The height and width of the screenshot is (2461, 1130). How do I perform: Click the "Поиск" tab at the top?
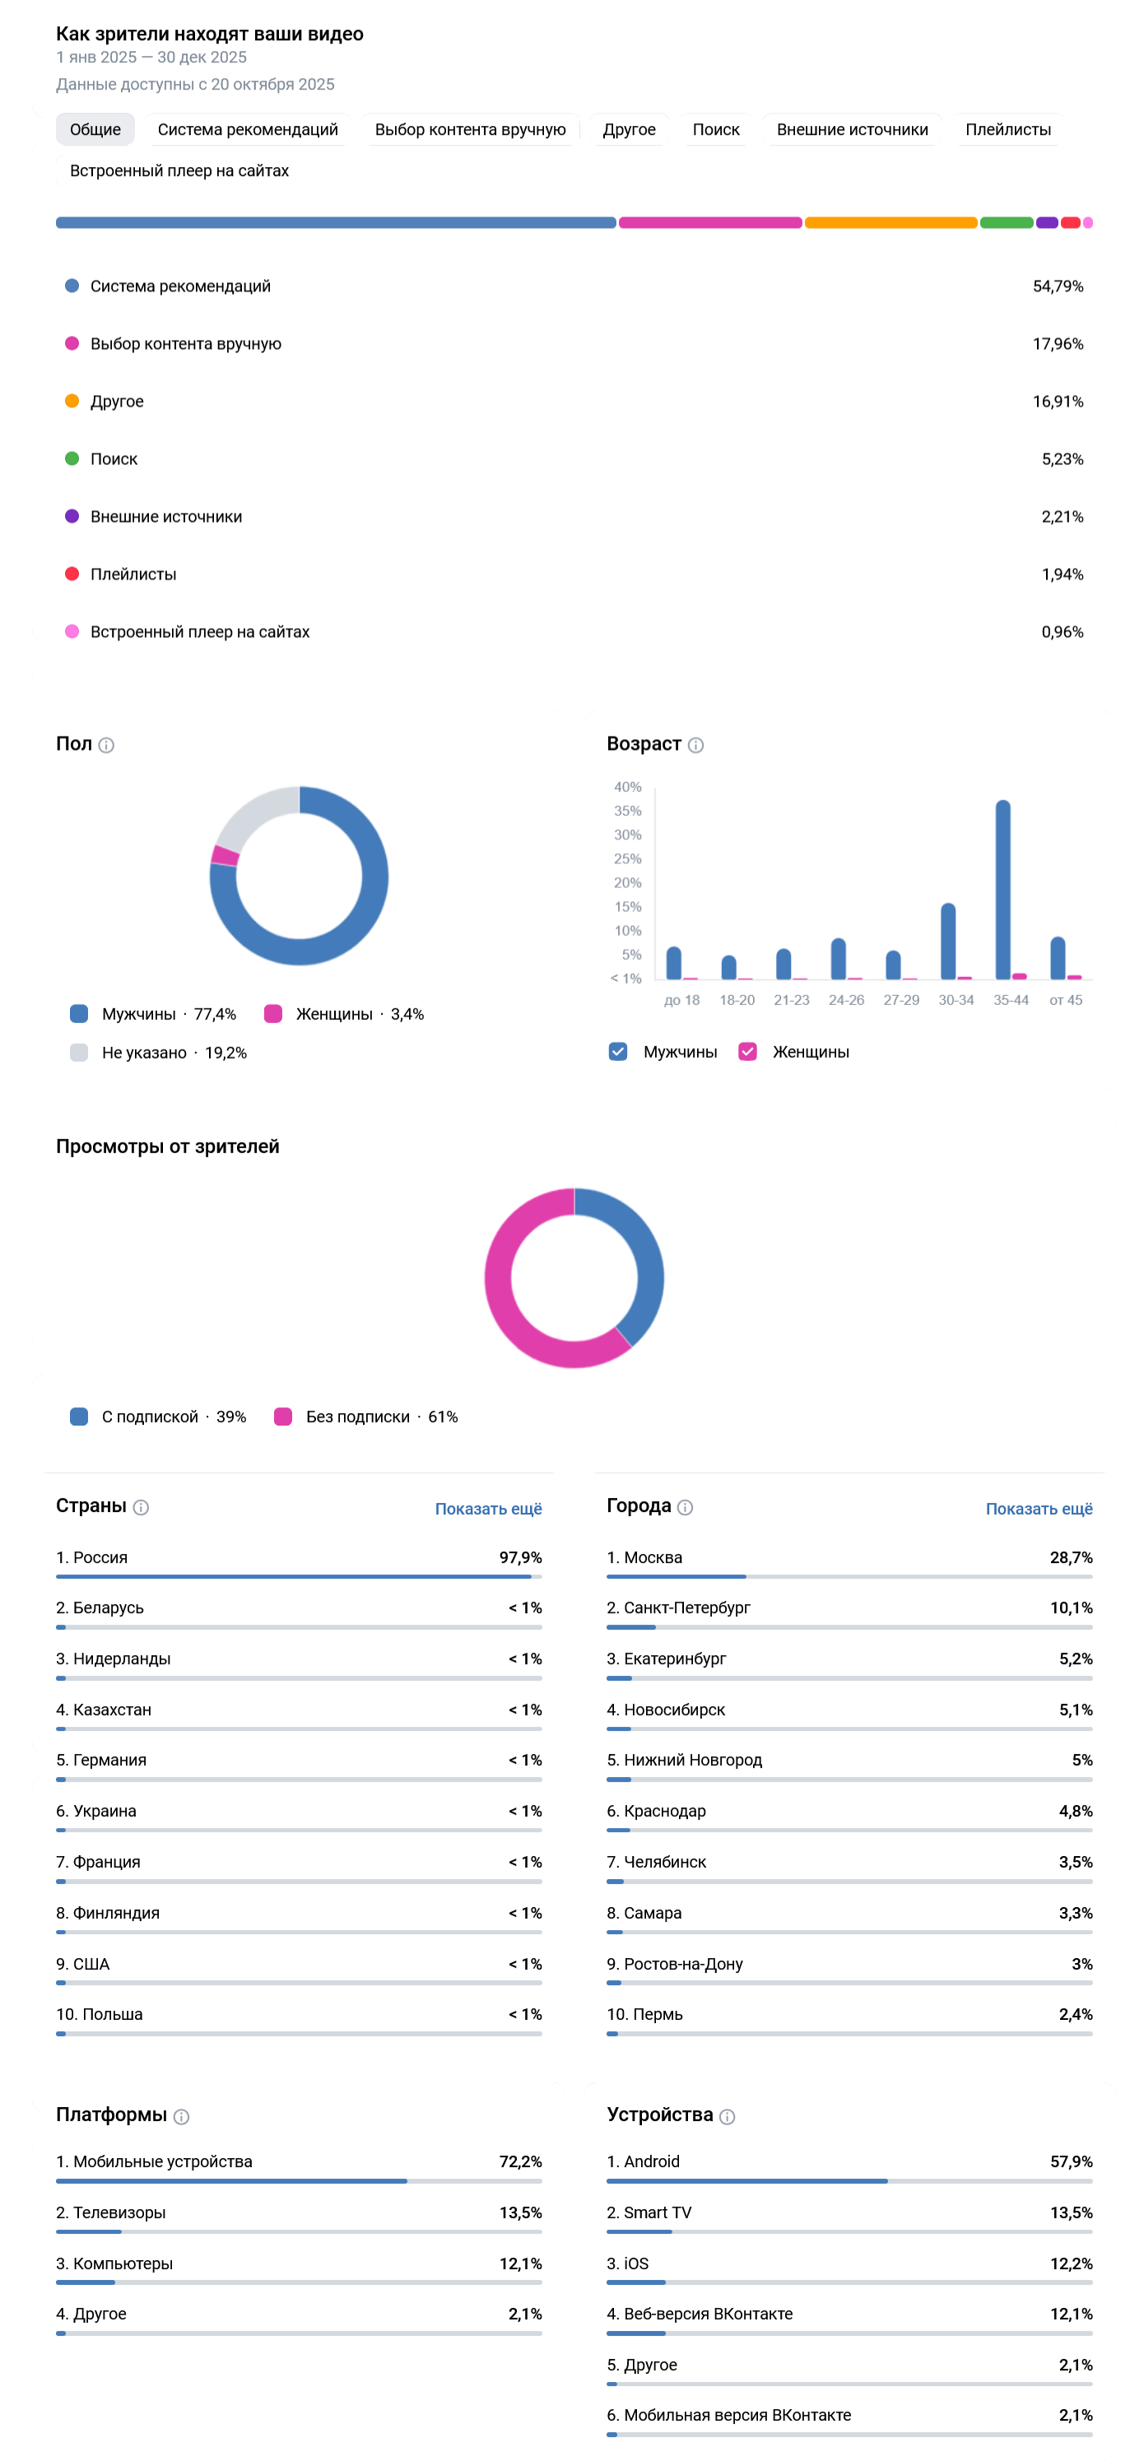click(x=715, y=129)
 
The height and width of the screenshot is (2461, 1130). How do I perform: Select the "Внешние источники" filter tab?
click(x=851, y=129)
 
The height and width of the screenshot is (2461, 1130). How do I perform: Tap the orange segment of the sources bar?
click(x=891, y=222)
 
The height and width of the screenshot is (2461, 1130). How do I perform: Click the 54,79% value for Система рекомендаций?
click(x=1058, y=286)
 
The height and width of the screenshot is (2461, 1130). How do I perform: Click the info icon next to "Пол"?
click(x=107, y=745)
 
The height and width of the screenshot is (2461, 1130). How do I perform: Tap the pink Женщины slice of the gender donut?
click(x=226, y=855)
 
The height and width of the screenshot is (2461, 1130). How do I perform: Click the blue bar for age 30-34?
click(x=947, y=940)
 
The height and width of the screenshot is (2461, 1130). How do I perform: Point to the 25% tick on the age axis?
click(x=628, y=858)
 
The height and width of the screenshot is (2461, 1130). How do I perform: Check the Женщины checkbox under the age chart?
click(x=747, y=1052)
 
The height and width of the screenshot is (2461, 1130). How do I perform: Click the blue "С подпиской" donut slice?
click(x=640, y=1261)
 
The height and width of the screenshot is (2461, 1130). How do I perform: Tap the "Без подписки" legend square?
click(x=283, y=1417)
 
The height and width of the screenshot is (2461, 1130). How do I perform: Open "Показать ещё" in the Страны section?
click(x=488, y=1509)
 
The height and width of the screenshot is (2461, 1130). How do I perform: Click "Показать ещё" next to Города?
click(x=1039, y=1509)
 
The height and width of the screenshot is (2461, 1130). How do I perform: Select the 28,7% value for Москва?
click(x=1070, y=1557)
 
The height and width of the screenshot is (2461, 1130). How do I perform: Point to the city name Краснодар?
click(x=664, y=1811)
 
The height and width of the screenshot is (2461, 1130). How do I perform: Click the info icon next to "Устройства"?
click(x=727, y=2116)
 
